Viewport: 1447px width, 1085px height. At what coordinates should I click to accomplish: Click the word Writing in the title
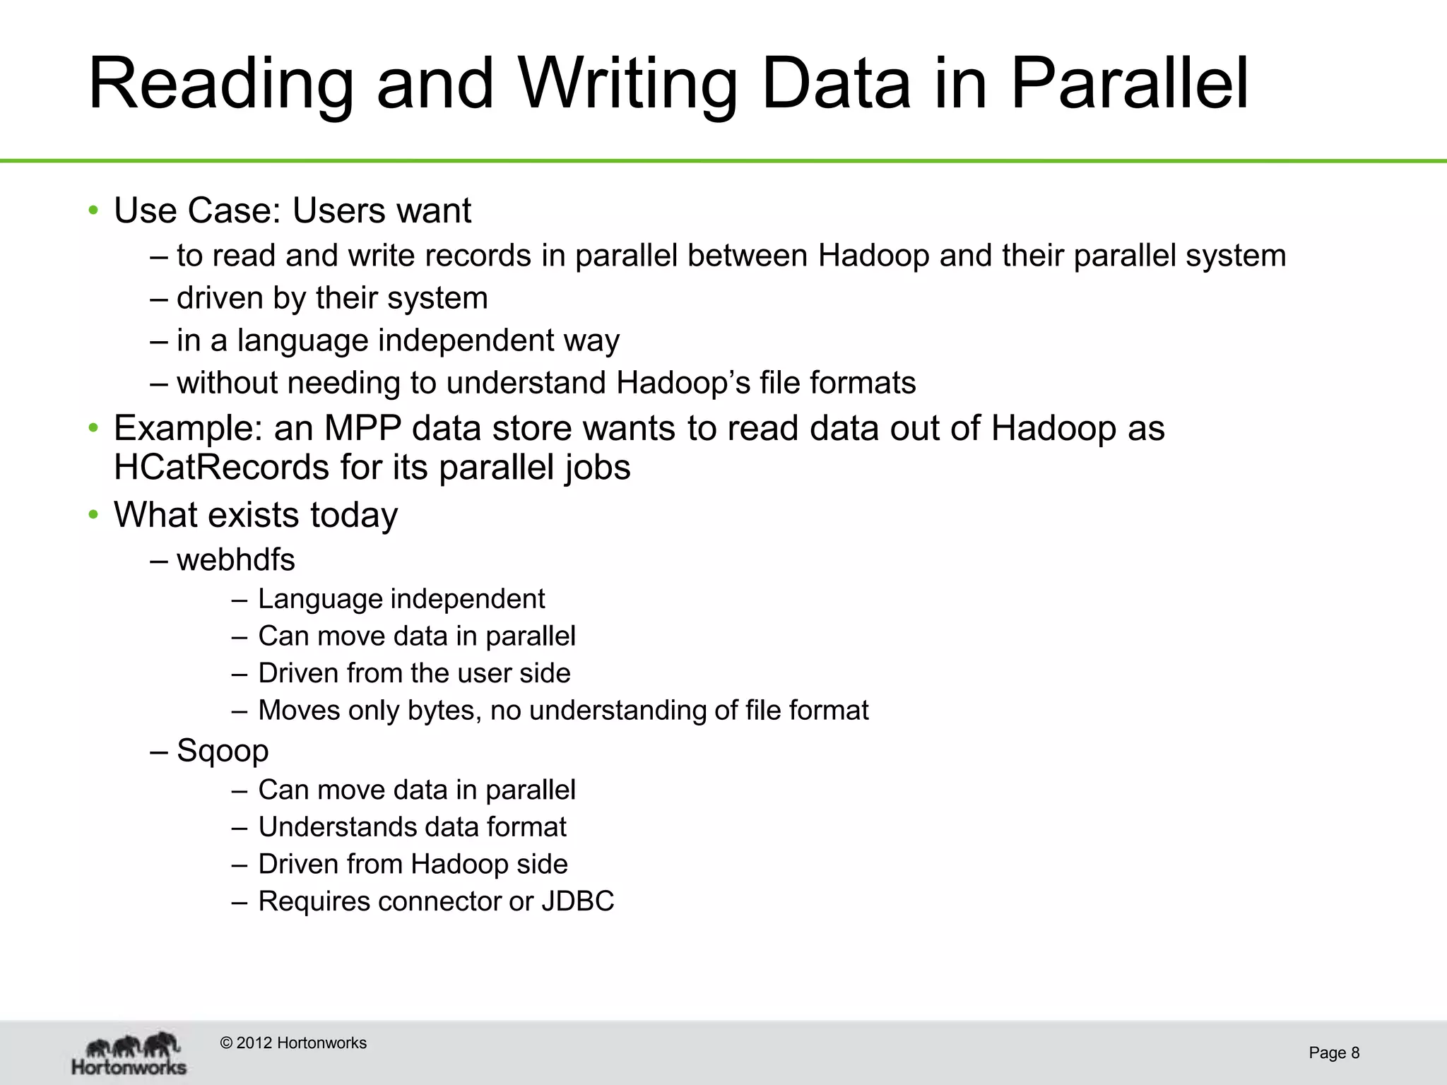click(x=627, y=85)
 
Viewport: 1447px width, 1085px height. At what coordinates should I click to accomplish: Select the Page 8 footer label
click(x=1333, y=1053)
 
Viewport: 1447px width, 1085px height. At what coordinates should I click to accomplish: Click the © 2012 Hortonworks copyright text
click(x=293, y=1043)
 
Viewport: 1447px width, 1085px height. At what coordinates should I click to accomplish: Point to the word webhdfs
click(x=236, y=560)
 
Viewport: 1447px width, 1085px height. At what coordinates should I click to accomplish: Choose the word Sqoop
click(x=223, y=751)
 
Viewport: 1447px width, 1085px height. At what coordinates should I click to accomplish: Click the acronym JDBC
click(x=578, y=902)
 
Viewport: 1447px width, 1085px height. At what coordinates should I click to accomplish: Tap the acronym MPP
click(x=362, y=428)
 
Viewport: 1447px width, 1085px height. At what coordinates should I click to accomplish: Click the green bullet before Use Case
click(x=93, y=211)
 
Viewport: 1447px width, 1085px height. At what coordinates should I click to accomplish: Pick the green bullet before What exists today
click(x=93, y=515)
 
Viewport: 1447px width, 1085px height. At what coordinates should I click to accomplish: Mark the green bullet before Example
click(x=93, y=428)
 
